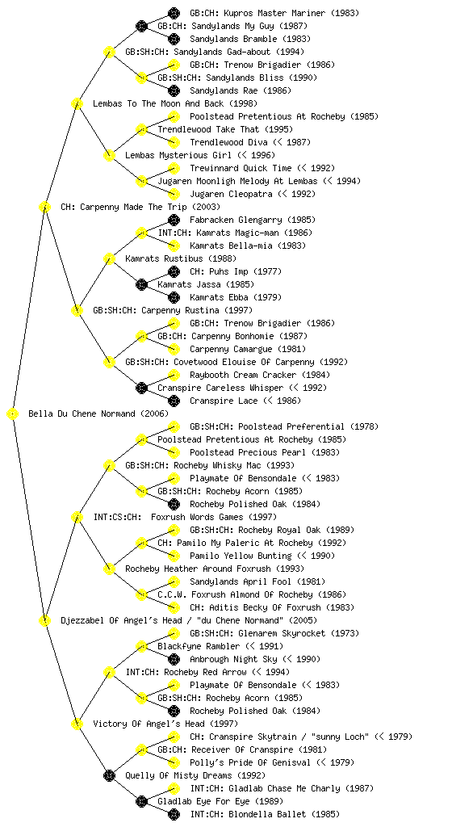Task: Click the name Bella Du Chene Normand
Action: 82,414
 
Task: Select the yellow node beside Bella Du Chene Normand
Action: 13,414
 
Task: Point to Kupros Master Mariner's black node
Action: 174,13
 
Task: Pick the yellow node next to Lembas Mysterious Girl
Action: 109,156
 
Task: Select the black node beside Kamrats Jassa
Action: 141,285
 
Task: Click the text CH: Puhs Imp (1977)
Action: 236,271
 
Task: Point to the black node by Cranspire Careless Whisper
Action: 141,388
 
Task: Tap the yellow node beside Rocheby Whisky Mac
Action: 109,466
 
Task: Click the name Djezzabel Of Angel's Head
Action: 121,621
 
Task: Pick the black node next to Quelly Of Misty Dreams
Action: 109,776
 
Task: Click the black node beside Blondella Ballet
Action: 174,815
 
